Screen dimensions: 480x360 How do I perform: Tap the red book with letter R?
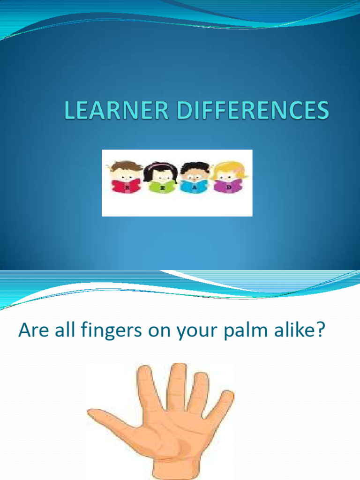pyautogui.click(x=126, y=186)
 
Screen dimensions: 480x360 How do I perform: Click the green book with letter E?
pyautogui.click(x=162, y=187)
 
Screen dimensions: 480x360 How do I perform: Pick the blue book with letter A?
pyautogui.click(x=194, y=187)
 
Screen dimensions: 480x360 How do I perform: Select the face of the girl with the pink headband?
pyautogui.click(x=162, y=176)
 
